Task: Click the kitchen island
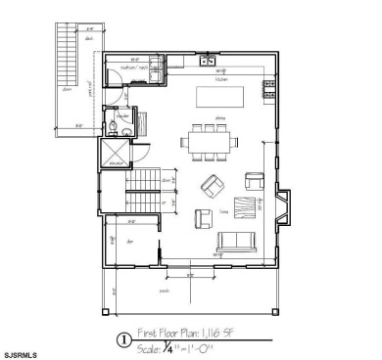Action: [x=219, y=97]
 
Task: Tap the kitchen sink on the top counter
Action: [x=208, y=62]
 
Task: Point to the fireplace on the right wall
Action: [x=279, y=204]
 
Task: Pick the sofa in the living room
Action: [x=238, y=243]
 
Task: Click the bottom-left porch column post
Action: [x=106, y=313]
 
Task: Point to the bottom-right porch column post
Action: [x=275, y=313]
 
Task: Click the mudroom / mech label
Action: [x=133, y=67]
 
